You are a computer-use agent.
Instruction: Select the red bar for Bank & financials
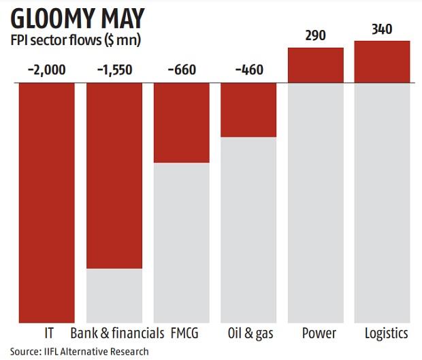coord(114,176)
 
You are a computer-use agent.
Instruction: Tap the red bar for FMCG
coord(182,122)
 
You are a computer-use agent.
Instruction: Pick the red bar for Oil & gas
coord(248,110)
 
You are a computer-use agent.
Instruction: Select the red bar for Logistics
coord(382,62)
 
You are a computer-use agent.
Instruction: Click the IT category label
coord(47,333)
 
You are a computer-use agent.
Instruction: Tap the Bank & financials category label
coord(117,333)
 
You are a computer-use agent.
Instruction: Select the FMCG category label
coord(185,333)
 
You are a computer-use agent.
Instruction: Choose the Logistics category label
coord(385,333)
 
